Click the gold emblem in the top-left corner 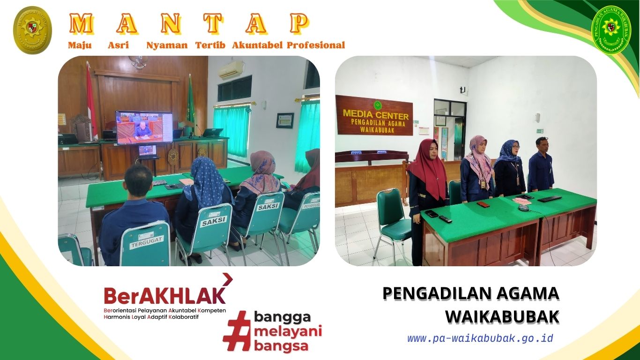32,30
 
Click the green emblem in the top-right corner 611,30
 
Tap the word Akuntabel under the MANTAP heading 257,45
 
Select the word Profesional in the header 316,45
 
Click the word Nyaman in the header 167,45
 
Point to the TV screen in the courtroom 144,127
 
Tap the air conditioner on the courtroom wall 231,70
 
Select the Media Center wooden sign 374,115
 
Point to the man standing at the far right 541,164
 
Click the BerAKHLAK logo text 164,295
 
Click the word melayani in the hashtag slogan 288,332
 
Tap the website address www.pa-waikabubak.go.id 480,338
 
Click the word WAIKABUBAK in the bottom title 502,316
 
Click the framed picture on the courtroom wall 285,120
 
